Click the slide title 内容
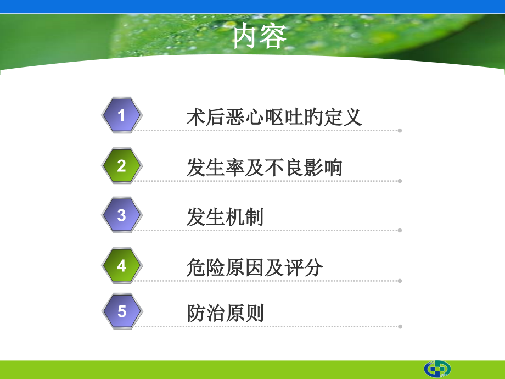259,37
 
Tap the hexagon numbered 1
122,115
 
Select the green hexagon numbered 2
122,166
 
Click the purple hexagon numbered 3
122,215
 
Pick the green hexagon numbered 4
122,266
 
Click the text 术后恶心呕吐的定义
274,118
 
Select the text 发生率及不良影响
265,168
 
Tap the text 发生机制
225,218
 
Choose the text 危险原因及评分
255,267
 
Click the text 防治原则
225,314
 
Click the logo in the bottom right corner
437,369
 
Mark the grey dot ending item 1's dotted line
400,131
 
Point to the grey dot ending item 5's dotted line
400,326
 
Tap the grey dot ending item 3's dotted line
400,231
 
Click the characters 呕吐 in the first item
284,118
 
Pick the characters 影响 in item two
323,168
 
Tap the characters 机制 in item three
245,218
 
